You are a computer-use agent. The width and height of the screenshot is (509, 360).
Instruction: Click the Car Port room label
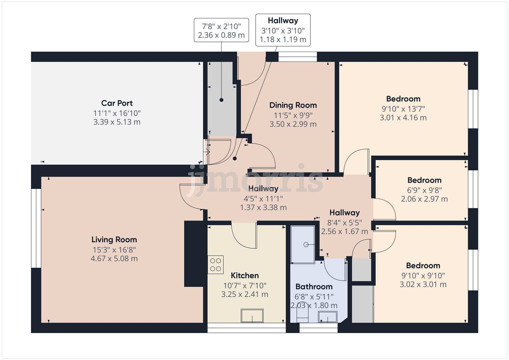117,103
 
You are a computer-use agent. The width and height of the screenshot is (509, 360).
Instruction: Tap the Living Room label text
114,239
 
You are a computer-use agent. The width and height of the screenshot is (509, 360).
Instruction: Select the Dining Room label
293,105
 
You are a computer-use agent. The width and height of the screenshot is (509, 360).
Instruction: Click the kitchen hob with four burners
215,265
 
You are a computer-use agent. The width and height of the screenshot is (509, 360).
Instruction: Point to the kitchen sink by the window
252,316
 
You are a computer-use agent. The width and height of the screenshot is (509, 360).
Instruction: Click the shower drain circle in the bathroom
306,245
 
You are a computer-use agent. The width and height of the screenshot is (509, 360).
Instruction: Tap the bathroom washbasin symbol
327,316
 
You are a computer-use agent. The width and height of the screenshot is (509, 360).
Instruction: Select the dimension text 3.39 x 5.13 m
117,122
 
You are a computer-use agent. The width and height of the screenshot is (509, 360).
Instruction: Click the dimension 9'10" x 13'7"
403,109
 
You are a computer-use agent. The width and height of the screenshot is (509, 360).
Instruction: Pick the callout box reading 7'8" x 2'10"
221,30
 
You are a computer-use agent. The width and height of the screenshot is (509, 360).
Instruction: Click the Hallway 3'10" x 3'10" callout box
283,30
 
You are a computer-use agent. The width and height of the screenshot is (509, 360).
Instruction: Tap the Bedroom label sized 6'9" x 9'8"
424,180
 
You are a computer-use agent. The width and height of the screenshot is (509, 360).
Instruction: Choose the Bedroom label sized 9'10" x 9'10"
423,266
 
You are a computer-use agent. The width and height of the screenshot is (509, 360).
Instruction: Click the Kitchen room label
245,275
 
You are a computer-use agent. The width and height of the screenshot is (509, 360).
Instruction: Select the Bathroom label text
314,287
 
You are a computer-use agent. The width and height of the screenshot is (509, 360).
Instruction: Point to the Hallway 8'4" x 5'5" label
344,213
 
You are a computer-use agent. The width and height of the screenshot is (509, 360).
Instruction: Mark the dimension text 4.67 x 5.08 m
114,259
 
